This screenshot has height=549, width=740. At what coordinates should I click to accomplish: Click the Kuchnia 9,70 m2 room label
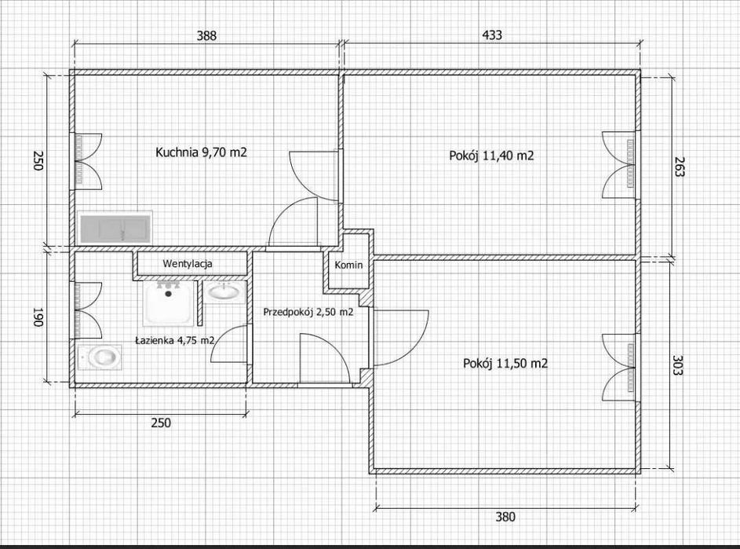coord(201,152)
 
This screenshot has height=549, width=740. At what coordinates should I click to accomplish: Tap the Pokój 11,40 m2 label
coord(491,156)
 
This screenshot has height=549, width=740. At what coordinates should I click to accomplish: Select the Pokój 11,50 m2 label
coord(505,364)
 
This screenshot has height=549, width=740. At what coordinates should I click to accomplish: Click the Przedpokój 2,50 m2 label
coord(308,312)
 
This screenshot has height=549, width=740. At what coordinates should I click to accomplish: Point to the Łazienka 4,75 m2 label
coord(175,340)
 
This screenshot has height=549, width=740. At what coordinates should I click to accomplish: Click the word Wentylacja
coord(188,264)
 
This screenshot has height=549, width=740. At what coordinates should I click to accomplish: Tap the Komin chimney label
coord(348,265)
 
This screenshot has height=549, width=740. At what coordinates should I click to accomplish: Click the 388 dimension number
coord(206,35)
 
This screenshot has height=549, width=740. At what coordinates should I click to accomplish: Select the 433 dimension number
coord(492,35)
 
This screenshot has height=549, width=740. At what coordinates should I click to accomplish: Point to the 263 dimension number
coord(679,167)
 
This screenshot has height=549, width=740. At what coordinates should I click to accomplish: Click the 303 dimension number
coord(678,364)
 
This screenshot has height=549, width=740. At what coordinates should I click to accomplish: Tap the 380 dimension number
coord(505,517)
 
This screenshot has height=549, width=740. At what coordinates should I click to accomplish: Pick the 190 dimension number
coord(38,317)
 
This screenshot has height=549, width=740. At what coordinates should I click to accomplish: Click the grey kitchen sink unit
coord(115,228)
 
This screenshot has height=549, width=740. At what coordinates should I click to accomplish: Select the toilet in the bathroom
coord(100,357)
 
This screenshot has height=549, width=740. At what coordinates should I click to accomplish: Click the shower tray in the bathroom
coord(169,303)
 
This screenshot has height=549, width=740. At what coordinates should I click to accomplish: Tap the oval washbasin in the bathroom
coord(224,291)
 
